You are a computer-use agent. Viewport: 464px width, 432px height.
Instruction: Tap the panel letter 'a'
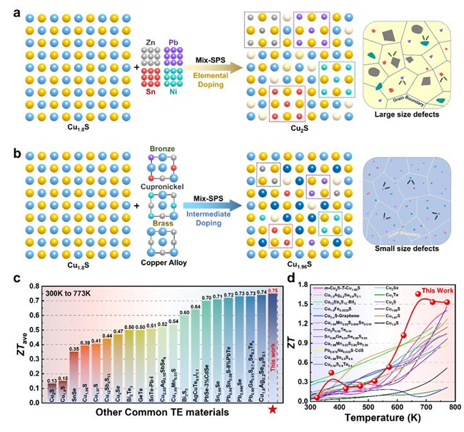[x=7, y=8]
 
